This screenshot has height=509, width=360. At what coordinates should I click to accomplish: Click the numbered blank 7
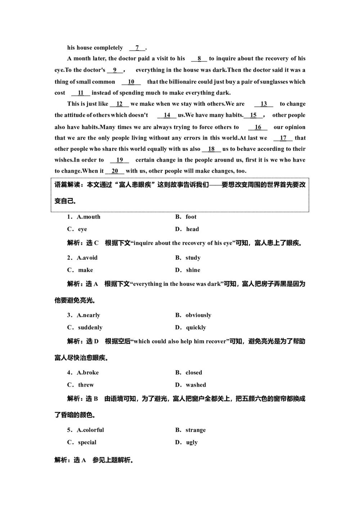coord(137,48)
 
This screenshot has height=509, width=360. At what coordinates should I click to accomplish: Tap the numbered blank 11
coord(81,93)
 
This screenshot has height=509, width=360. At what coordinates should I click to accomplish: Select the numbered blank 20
coord(115,171)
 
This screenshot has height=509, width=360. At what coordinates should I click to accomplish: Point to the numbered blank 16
coord(258,127)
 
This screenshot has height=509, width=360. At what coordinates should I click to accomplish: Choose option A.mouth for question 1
coord(88,217)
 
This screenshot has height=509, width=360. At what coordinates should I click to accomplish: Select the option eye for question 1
coord(82,229)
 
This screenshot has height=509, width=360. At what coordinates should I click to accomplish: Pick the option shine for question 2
coord(193,270)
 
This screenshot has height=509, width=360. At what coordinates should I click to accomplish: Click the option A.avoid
coord(87,258)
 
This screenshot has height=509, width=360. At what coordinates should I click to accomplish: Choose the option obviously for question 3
coord(198,315)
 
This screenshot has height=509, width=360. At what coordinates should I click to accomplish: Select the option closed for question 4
coord(194,373)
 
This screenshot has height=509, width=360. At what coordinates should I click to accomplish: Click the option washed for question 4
coord(196,385)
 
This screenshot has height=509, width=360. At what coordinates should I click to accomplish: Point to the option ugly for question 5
coord(192,442)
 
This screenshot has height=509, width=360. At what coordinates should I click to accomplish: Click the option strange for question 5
coord(195,430)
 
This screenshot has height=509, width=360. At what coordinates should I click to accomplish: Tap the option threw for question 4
coord(86,385)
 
